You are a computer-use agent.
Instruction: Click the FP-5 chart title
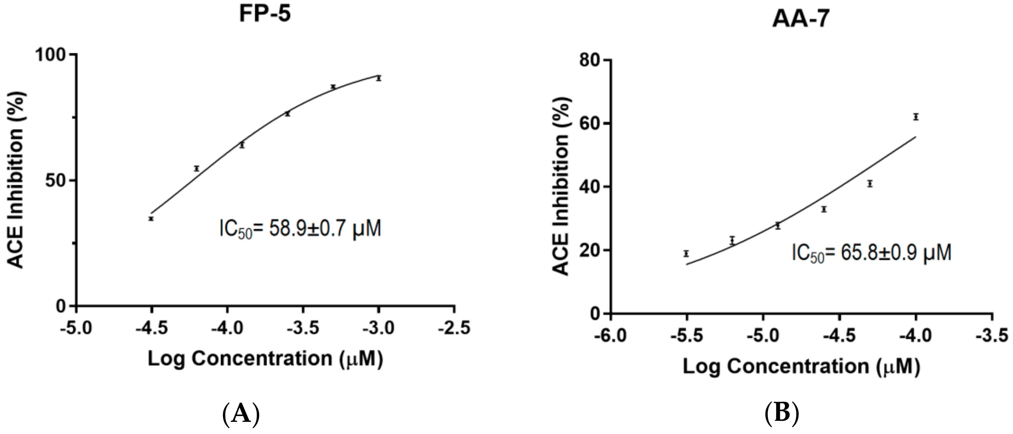(265, 14)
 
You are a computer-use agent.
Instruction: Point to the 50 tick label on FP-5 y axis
(55, 181)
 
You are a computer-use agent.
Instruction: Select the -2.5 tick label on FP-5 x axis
(455, 328)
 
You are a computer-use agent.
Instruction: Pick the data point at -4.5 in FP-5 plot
(151, 218)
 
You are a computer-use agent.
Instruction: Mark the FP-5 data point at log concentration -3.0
(379, 78)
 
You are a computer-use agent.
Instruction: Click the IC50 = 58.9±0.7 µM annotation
(300, 229)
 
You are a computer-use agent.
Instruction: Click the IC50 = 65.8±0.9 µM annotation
(872, 253)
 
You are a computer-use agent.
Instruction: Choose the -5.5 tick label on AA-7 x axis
(686, 336)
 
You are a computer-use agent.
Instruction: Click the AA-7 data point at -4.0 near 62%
(916, 117)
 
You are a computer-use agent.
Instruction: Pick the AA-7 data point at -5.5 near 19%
(686, 253)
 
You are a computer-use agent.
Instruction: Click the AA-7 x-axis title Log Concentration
(801, 366)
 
